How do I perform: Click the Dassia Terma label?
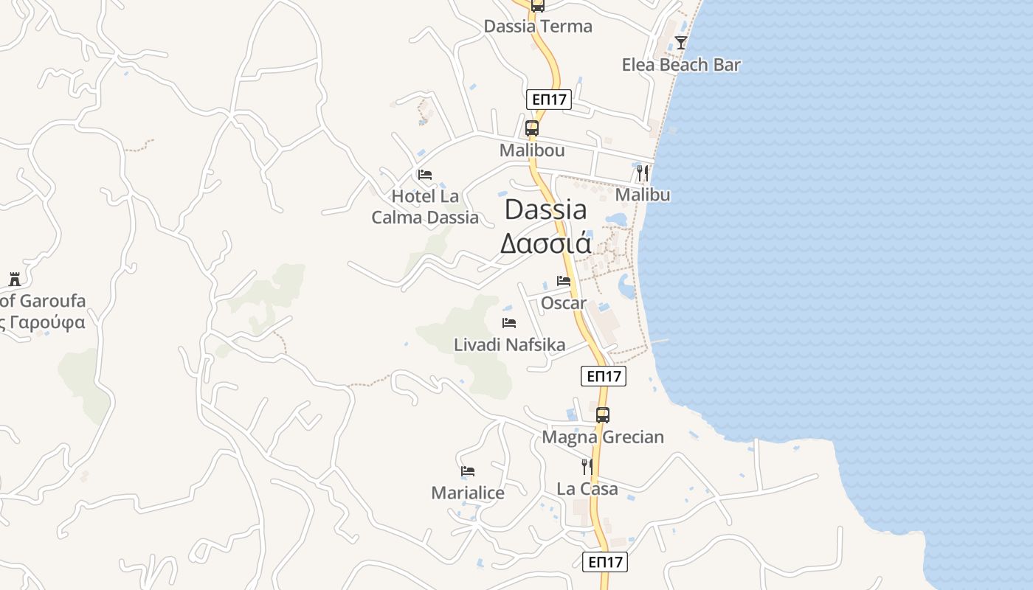pyautogui.click(x=538, y=27)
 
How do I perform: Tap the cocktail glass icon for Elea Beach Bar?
pyautogui.click(x=680, y=43)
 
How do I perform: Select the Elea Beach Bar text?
pyautogui.click(x=680, y=65)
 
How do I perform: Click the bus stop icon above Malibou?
pyautogui.click(x=531, y=128)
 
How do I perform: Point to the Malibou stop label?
pyautogui.click(x=531, y=150)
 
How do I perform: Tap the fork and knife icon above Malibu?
pyautogui.click(x=643, y=173)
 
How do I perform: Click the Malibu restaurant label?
pyautogui.click(x=643, y=195)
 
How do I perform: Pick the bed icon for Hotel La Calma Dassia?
pyautogui.click(x=425, y=175)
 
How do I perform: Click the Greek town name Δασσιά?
pyautogui.click(x=545, y=243)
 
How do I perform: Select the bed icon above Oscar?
pyautogui.click(x=564, y=281)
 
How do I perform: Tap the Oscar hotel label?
pyautogui.click(x=564, y=303)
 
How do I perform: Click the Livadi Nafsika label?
pyautogui.click(x=509, y=344)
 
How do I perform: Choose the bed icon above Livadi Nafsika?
pyautogui.click(x=509, y=323)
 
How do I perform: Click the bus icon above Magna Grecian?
pyautogui.click(x=603, y=414)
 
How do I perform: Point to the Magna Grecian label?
pyautogui.click(x=603, y=437)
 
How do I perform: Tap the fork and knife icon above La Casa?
pyautogui.click(x=587, y=466)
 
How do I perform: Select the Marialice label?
pyautogui.click(x=468, y=493)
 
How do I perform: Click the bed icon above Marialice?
pyautogui.click(x=468, y=471)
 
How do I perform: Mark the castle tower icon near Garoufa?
pyautogui.click(x=15, y=279)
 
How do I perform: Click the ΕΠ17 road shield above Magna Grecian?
pyautogui.click(x=604, y=376)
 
